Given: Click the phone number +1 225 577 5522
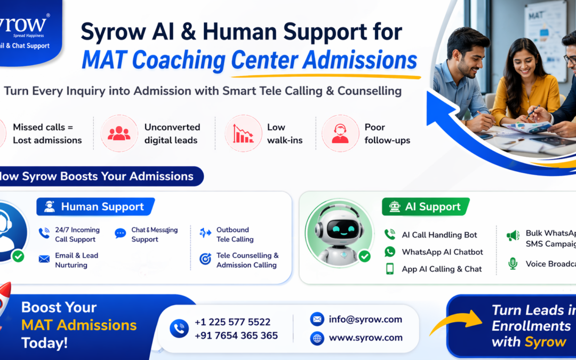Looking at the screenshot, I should point(232,322).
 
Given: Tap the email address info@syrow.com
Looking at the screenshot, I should point(365,319).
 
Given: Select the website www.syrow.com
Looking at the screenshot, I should point(365,338).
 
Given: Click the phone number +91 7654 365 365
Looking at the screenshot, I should point(236,335).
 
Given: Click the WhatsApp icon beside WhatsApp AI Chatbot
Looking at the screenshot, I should point(390,252).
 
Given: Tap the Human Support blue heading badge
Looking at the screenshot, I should point(95,207).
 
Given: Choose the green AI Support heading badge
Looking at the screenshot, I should point(426,207).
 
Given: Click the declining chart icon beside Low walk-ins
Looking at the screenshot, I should point(243,133).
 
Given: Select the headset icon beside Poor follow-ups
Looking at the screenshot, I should point(340,133).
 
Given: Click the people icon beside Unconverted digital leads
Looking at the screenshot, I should point(119,133).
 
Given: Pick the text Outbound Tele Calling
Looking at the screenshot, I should point(235,235).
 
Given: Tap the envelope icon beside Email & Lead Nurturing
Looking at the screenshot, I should point(44,259).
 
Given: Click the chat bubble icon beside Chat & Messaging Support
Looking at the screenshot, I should point(121,234).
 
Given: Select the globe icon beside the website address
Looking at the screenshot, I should point(317,338).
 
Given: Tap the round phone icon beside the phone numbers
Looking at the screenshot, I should point(179,329).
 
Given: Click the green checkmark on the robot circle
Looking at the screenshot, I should point(364,257).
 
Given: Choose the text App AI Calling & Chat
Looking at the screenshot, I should point(442,269).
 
